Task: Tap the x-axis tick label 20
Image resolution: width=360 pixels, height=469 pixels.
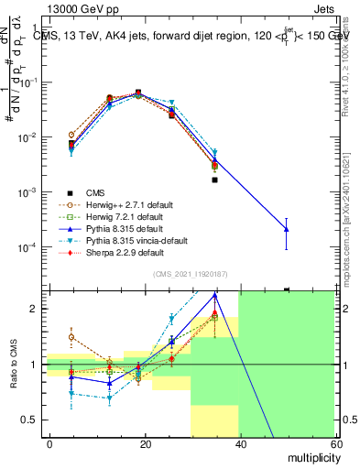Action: click(145, 443)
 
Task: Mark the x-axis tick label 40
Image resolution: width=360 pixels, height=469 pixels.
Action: click(240, 443)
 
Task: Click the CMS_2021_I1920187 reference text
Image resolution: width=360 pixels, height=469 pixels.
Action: click(190, 274)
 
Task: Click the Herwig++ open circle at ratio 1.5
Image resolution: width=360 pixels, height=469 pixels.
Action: click(71, 337)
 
